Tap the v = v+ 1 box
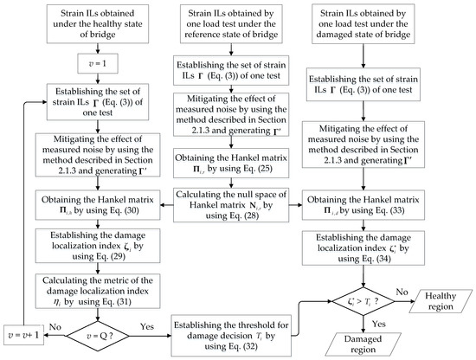click(x=23, y=331)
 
